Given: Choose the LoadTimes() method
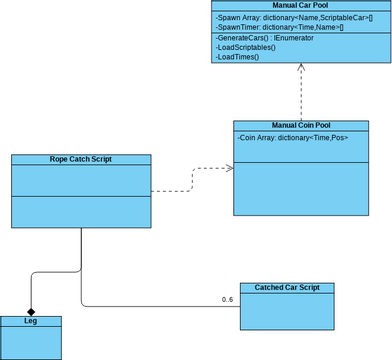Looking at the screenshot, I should tap(237, 57).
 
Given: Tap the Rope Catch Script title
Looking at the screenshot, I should tap(80, 159).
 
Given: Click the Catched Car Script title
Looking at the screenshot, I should tap(287, 288).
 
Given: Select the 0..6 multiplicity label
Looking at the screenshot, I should tap(227, 300).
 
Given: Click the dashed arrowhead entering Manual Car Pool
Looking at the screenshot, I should tap(301, 68).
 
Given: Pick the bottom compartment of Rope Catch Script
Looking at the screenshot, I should tap(80, 211).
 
